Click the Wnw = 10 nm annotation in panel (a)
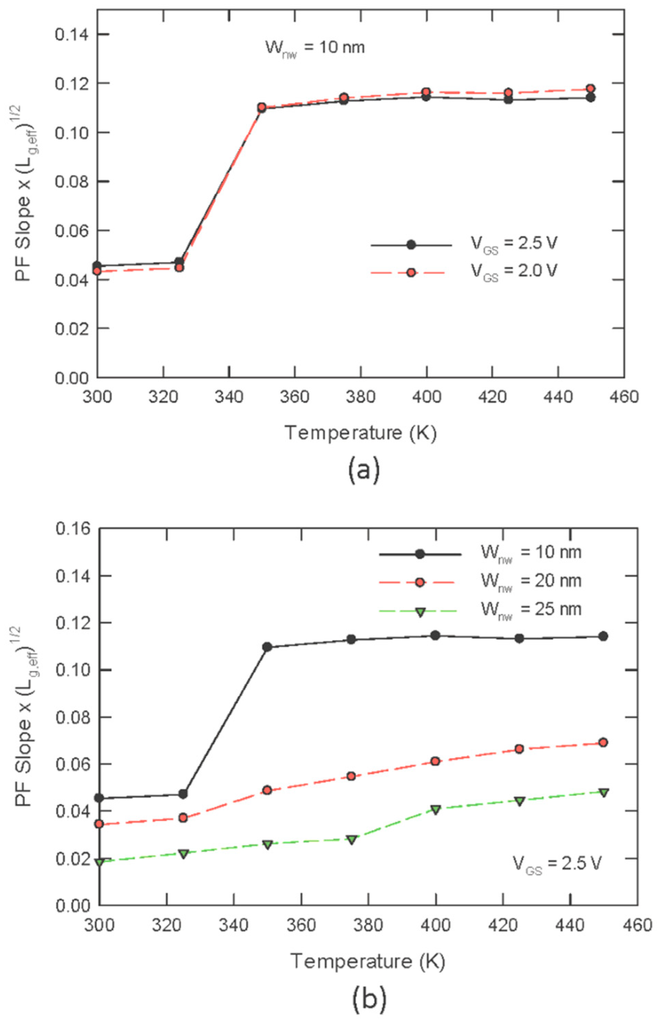315,47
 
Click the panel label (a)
363,471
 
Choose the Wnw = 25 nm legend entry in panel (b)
531,609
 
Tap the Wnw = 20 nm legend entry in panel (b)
531,582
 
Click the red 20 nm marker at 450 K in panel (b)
603,742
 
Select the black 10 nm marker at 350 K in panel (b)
267,647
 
